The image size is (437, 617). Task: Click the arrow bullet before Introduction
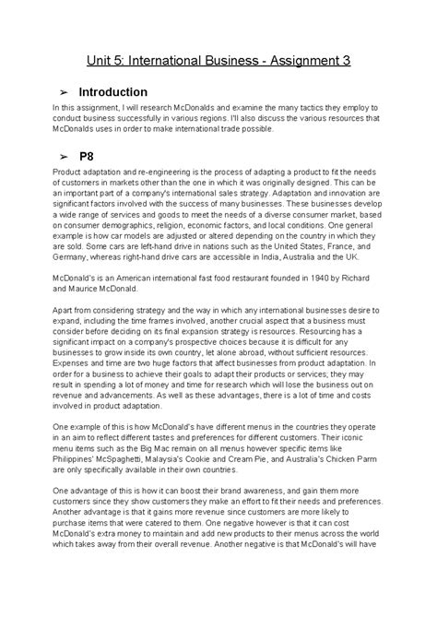(x=63, y=93)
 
